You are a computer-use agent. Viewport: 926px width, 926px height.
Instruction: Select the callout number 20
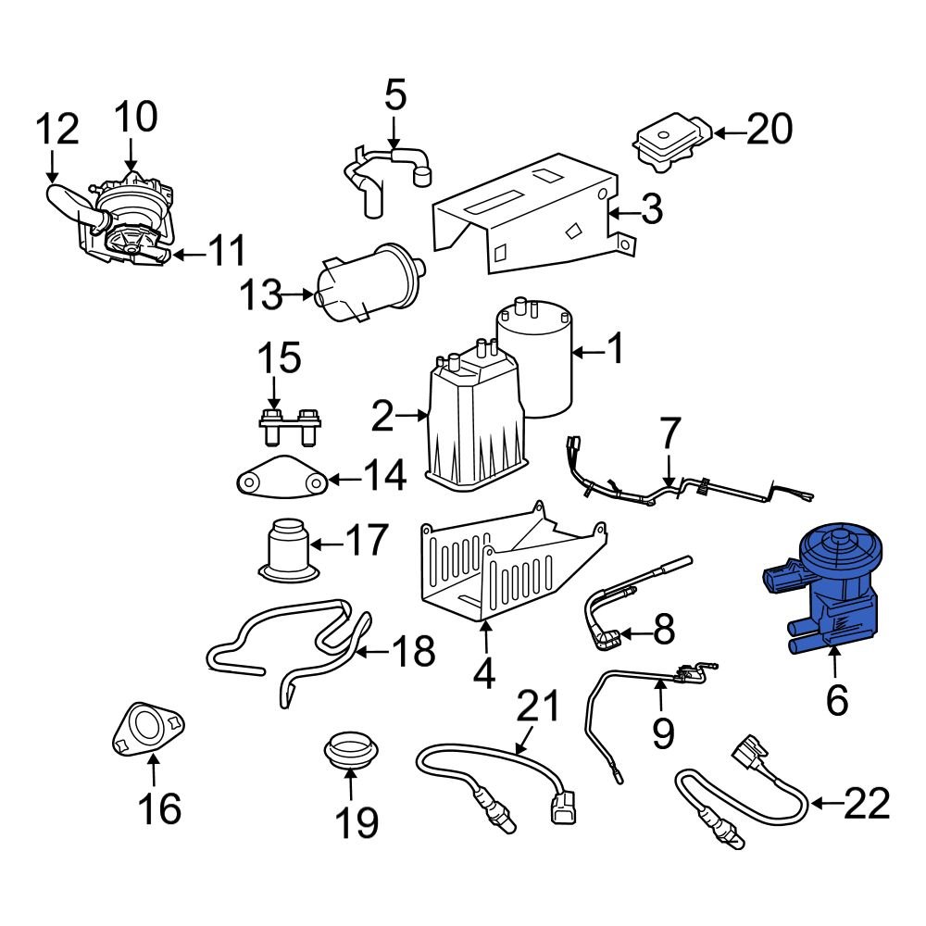pyautogui.click(x=770, y=131)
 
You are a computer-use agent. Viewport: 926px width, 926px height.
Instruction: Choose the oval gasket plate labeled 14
pyautogui.click(x=279, y=481)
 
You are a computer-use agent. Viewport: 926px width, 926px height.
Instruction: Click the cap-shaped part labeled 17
pyautogui.click(x=288, y=551)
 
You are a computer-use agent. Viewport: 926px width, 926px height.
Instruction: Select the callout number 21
pyautogui.click(x=538, y=707)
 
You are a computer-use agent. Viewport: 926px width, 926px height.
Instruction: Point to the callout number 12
pyautogui.click(x=56, y=131)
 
